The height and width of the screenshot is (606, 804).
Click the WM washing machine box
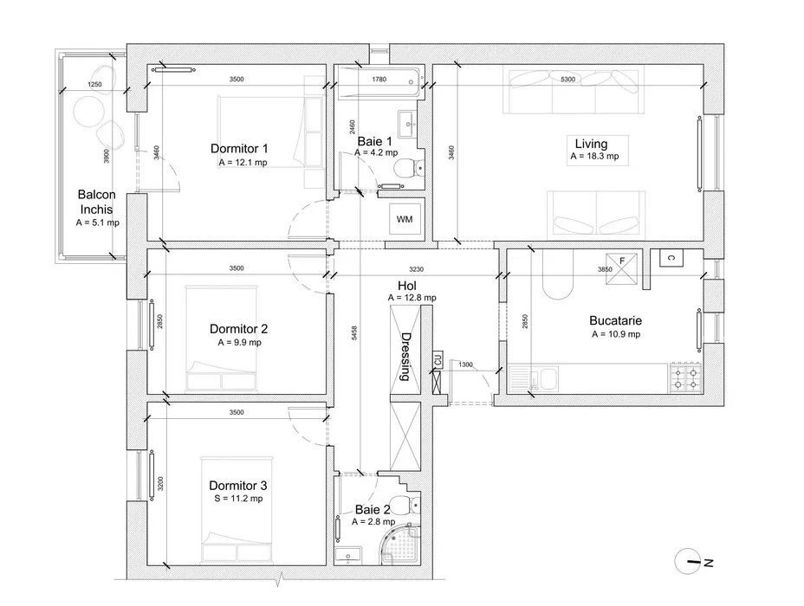pos(405,219)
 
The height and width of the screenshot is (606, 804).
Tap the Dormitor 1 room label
pos(239,149)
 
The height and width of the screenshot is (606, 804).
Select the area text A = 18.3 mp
pos(594,156)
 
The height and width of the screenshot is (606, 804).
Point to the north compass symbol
pos(690,562)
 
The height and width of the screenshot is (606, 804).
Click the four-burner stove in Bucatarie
pos(685,378)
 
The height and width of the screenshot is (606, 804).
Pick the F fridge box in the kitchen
pos(621,268)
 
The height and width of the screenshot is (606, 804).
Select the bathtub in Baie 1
pos(379,82)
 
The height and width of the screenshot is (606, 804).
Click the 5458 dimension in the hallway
pos(354,333)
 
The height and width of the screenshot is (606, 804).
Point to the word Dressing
pos(405,357)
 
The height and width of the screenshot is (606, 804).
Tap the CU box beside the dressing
pos(438,359)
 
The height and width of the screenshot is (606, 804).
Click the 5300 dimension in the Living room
pos(567,80)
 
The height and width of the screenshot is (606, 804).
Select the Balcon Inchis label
pos(96,202)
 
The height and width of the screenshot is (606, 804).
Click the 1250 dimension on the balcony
pos(94,85)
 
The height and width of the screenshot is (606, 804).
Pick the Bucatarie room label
pos(615,320)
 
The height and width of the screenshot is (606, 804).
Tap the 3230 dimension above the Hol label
pos(417,269)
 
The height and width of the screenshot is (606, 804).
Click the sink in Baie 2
pos(348,557)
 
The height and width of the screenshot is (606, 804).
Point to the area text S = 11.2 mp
pos(238,499)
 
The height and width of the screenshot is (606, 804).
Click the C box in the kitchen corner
pos(671,258)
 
